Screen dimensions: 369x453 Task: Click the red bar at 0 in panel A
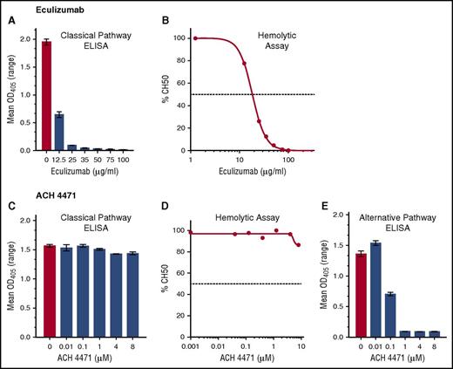46,96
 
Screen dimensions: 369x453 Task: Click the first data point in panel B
196,38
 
